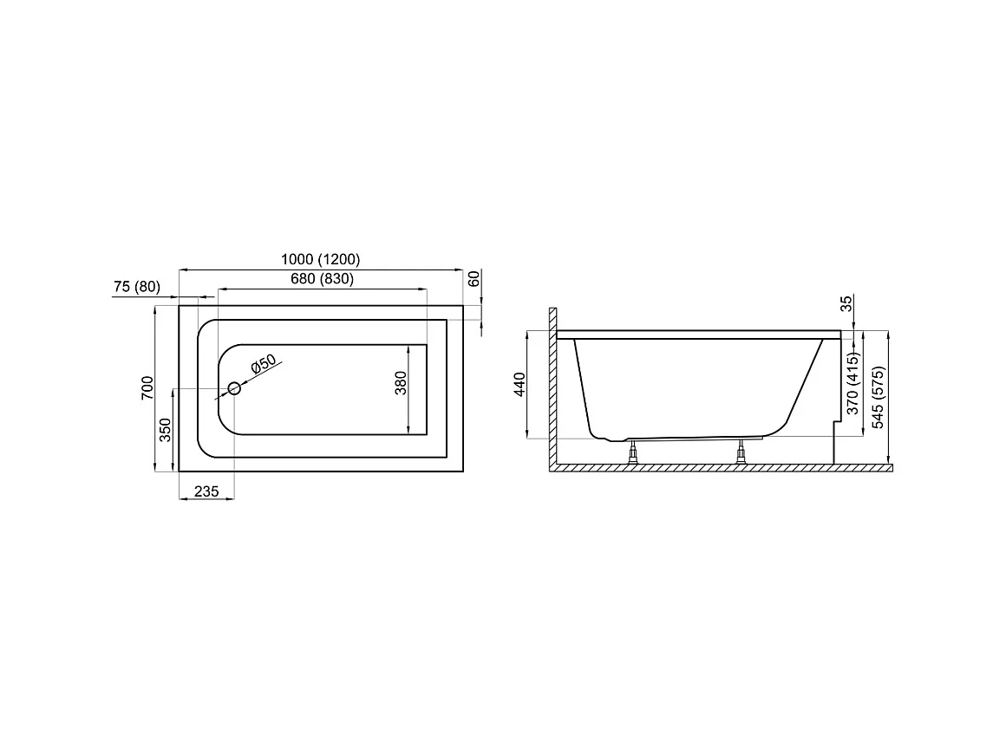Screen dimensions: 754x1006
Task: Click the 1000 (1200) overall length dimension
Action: [320, 259]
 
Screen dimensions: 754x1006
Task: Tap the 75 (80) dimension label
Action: [136, 287]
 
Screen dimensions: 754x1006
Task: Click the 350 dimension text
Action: [166, 430]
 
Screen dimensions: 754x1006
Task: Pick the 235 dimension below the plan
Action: [206, 491]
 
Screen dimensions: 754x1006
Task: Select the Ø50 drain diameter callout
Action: [262, 365]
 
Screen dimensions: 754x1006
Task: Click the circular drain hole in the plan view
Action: [234, 388]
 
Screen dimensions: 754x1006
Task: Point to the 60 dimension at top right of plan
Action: [474, 279]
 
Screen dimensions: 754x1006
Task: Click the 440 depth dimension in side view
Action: [519, 384]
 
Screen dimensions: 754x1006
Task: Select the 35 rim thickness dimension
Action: [846, 304]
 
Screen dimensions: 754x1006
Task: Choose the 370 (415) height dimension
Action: [852, 384]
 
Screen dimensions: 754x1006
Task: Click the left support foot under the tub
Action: [634, 452]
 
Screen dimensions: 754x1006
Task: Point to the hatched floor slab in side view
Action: [720, 468]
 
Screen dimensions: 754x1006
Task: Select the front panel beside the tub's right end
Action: [836, 442]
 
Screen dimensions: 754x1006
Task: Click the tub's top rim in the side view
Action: [698, 334]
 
